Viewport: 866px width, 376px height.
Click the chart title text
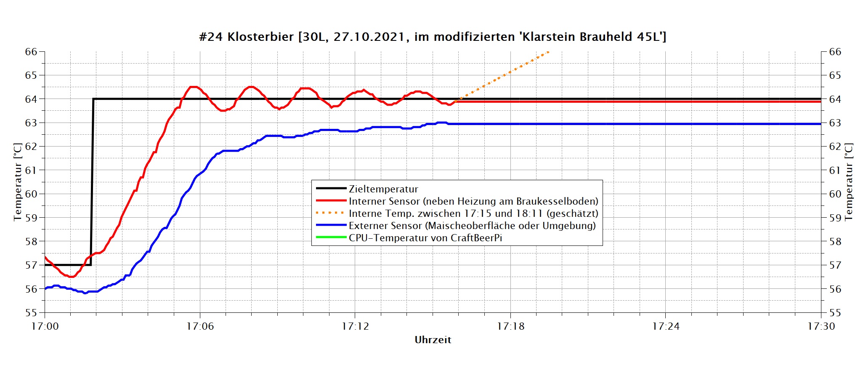pyautogui.click(x=433, y=37)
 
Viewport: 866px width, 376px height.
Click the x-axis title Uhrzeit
pyautogui.click(x=433, y=340)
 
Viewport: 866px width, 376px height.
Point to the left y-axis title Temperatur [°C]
pyautogui.click(x=17, y=182)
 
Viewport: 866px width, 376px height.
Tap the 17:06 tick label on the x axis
pyautogui.click(x=200, y=326)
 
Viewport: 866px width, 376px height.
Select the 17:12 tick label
pyautogui.click(x=355, y=326)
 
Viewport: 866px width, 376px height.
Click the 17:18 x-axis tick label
pyautogui.click(x=510, y=326)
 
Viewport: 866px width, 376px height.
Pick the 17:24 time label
pyautogui.click(x=666, y=326)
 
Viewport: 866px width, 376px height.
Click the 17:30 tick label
pyautogui.click(x=821, y=326)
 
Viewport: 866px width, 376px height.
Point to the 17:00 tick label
pyautogui.click(x=45, y=326)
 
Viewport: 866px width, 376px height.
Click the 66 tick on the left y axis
pyautogui.click(x=31, y=52)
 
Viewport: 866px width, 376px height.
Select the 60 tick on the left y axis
pyautogui.click(x=31, y=194)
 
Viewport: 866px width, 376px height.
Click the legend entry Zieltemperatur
pyautogui.click(x=383, y=189)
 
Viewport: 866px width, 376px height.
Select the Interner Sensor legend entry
pyautogui.click(x=473, y=201)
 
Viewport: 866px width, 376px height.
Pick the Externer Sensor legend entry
pyautogui.click(x=472, y=226)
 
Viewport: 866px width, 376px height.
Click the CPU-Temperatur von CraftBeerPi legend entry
pyautogui.click(x=425, y=238)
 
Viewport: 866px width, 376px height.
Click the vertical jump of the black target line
pyautogui.click(x=92, y=181)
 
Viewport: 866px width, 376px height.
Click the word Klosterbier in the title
pyautogui.click(x=260, y=37)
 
